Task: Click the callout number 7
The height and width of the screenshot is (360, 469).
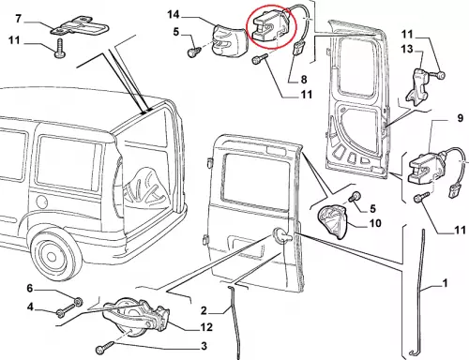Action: click(x=18, y=19)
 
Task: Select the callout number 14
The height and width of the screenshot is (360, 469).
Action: click(x=174, y=14)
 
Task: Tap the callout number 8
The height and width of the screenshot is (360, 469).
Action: click(x=304, y=80)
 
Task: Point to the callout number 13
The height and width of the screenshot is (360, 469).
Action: click(x=407, y=49)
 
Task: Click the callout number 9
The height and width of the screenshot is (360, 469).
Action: click(x=460, y=118)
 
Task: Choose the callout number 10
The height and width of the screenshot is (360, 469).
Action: click(x=375, y=223)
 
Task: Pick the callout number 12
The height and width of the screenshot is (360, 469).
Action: click(x=206, y=327)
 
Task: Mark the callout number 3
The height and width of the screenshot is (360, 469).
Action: click(x=204, y=346)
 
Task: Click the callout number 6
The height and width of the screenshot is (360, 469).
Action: click(x=30, y=288)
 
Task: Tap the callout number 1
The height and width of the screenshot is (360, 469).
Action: click(x=445, y=283)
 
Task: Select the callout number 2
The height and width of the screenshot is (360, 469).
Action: click(x=204, y=310)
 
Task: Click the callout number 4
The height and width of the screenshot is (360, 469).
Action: click(x=30, y=307)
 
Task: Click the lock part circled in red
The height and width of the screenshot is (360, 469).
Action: click(x=269, y=26)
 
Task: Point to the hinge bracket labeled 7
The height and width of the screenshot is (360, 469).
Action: click(x=80, y=26)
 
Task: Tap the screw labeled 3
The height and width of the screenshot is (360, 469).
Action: click(x=105, y=347)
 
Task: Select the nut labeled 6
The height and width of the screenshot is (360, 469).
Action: click(x=78, y=302)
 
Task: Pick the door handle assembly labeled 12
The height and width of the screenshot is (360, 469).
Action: click(x=135, y=317)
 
